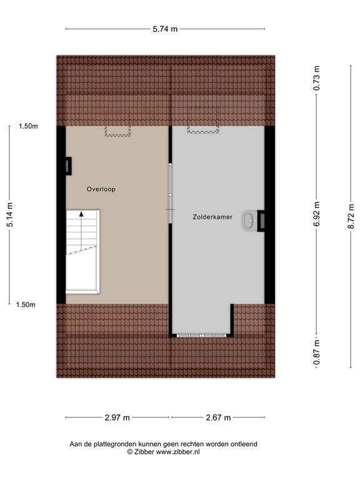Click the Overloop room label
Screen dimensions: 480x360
[101, 189]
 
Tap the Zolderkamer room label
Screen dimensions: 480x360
[212, 217]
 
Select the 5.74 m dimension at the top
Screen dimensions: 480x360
[165, 29]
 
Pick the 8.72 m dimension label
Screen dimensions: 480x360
[341, 219]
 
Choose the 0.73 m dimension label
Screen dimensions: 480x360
[317, 79]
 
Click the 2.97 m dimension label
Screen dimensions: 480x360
[117, 417]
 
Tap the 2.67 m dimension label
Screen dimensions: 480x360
[219, 417]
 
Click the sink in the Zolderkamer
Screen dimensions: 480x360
[251, 219]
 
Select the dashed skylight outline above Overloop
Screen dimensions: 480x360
[117, 131]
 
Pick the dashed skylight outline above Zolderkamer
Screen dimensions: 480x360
[203, 129]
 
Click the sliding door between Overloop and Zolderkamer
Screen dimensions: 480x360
[169, 187]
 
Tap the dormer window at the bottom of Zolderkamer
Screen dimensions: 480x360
[201, 336]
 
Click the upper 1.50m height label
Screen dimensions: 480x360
[28, 126]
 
